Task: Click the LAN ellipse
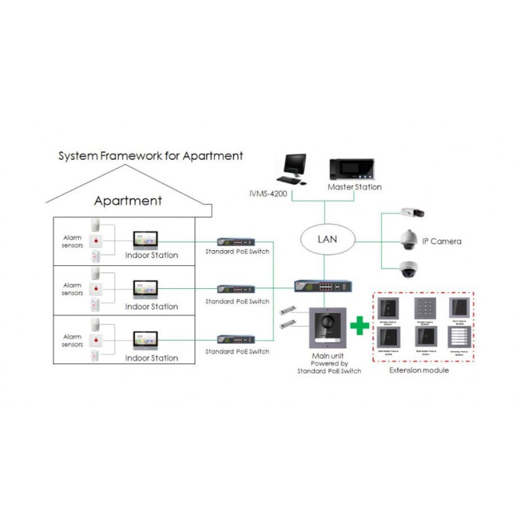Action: click(x=327, y=238)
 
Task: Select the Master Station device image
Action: click(x=351, y=170)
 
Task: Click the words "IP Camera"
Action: click(x=441, y=242)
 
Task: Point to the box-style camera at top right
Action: click(x=413, y=212)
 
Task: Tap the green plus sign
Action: click(x=358, y=324)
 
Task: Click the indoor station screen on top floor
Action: click(x=145, y=238)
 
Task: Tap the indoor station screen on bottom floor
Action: click(x=145, y=341)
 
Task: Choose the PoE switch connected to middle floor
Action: click(x=236, y=289)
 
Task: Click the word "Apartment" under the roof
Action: click(x=128, y=200)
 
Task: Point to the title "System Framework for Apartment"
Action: click(x=151, y=156)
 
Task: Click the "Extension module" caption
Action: click(x=419, y=371)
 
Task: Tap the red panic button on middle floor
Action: click(x=97, y=288)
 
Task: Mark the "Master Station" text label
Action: click(x=354, y=187)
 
